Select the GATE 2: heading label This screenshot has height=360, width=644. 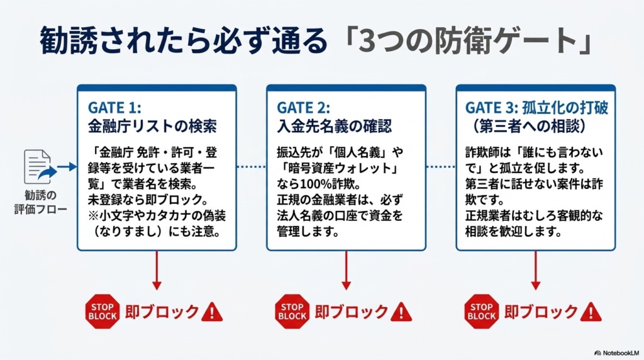[303, 108]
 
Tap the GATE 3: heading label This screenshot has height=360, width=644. [491, 108]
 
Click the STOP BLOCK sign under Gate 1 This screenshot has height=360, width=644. [102, 312]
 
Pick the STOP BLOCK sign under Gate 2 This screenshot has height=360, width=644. [292, 312]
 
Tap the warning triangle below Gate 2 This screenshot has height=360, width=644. [401, 312]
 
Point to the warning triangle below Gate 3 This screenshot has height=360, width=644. [591, 312]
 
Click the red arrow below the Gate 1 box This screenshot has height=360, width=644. [157, 271]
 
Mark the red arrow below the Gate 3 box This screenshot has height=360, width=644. [535, 271]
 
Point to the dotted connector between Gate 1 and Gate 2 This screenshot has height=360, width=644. [252, 167]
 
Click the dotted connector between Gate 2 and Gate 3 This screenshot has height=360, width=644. [441, 167]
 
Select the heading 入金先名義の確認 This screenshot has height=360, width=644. [334, 126]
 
